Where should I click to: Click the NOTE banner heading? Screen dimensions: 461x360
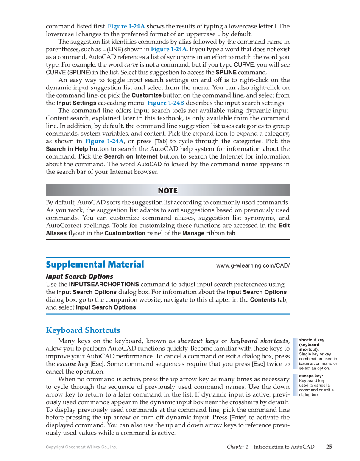point(167,190)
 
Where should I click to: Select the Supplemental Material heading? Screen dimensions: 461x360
point(95,265)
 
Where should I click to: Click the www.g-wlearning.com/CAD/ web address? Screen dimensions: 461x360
point(253,265)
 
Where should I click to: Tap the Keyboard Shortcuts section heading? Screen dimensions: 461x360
point(83,330)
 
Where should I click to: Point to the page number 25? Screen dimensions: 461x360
point(329,447)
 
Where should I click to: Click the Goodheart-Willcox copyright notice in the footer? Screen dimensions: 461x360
point(81,447)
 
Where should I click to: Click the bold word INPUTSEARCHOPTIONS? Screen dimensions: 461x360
point(104,284)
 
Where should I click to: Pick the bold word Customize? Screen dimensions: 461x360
point(146,95)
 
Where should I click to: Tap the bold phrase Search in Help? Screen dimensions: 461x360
point(67,149)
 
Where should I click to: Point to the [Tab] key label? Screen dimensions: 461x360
point(161,141)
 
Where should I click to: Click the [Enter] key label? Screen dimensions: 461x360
point(240,418)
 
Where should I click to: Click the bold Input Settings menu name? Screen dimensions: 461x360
point(76,103)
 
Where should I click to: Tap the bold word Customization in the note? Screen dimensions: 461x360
point(125,233)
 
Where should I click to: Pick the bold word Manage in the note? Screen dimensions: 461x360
point(194,233)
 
